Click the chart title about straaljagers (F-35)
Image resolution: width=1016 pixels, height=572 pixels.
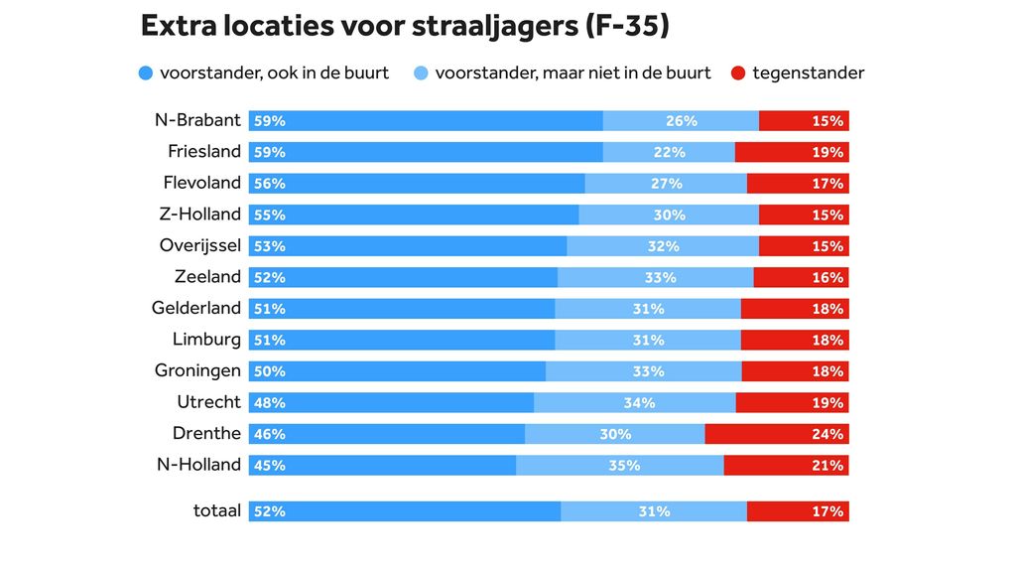coord(405,27)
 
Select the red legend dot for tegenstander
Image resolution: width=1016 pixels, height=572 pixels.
coord(738,73)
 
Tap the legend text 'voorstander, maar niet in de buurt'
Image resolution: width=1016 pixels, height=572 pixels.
coord(572,73)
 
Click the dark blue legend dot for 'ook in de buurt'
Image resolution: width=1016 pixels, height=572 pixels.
coord(147,73)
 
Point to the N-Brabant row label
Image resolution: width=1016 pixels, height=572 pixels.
coord(197,120)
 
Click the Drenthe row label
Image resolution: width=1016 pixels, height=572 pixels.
coord(206,433)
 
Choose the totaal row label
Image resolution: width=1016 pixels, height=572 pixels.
coord(216,511)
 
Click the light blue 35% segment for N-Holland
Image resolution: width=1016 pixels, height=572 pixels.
coord(620,465)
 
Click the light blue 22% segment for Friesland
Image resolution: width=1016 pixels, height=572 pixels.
coord(669,152)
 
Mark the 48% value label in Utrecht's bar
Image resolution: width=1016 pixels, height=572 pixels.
coord(270,403)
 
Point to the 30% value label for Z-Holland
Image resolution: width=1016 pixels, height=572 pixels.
coord(669,214)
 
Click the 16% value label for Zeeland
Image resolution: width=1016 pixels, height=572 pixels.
coord(827,278)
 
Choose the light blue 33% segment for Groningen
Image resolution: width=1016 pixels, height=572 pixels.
coord(643,371)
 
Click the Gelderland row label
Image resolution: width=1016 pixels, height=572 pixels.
coord(195,308)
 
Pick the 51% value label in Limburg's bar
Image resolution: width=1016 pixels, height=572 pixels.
coord(270,341)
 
